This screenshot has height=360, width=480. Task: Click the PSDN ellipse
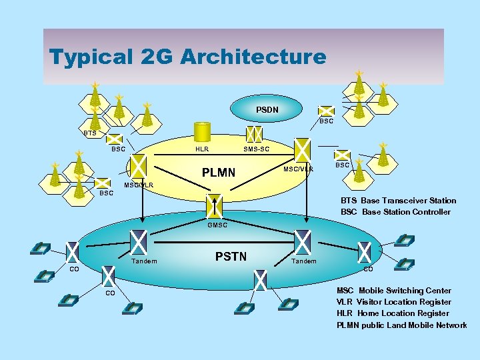267,109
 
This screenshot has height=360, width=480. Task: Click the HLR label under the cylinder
202,149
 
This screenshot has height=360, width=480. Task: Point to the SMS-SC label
257,149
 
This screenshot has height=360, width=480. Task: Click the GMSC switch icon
214,207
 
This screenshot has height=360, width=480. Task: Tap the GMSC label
217,225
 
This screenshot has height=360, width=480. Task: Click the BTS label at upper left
90,133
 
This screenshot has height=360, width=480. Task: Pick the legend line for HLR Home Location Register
393,313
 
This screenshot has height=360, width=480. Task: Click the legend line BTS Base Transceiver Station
399,201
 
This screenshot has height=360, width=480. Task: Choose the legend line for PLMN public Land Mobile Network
401,325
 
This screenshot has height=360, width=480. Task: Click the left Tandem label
144,261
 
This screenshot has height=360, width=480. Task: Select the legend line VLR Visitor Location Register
393,302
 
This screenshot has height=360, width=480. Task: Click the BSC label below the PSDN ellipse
326,121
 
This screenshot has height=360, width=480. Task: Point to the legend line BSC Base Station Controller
395,212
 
